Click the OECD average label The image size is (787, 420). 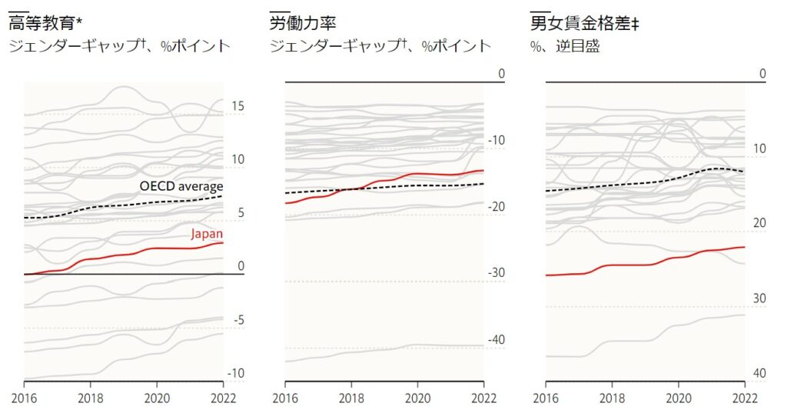point(181,186)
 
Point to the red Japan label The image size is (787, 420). point(207,234)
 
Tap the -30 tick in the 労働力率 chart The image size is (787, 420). point(496,273)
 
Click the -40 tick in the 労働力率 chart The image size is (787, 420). point(496,340)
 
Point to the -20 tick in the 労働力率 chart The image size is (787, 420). point(496,207)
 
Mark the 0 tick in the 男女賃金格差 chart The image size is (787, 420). point(762,74)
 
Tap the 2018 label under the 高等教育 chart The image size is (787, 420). point(91,398)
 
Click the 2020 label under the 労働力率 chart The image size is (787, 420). point(417,398)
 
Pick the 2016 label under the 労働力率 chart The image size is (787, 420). point(285,398)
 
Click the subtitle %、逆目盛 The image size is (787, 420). point(565,46)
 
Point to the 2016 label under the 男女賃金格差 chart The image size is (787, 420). point(546,398)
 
